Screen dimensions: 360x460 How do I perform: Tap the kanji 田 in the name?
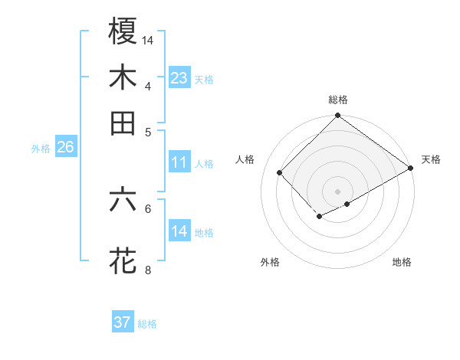point(123,123)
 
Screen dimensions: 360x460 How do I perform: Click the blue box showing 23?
point(179,78)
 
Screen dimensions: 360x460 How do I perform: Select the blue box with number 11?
point(179,162)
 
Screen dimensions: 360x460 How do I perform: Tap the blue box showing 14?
point(179,231)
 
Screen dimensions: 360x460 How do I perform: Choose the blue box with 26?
point(65,148)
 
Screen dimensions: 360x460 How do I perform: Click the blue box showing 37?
point(123,322)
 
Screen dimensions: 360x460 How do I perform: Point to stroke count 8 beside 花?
point(148,270)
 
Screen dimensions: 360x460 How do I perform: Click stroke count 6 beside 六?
point(148,208)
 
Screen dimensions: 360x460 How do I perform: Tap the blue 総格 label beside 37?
point(148,324)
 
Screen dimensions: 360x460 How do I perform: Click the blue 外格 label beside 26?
point(41,149)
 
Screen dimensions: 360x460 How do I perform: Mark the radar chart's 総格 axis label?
point(338,100)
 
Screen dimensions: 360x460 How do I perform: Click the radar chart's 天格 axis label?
point(431,159)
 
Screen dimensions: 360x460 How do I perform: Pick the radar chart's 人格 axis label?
point(245,159)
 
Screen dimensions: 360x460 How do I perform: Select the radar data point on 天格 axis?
point(412,168)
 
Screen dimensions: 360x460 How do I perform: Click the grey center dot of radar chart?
point(338,191)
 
